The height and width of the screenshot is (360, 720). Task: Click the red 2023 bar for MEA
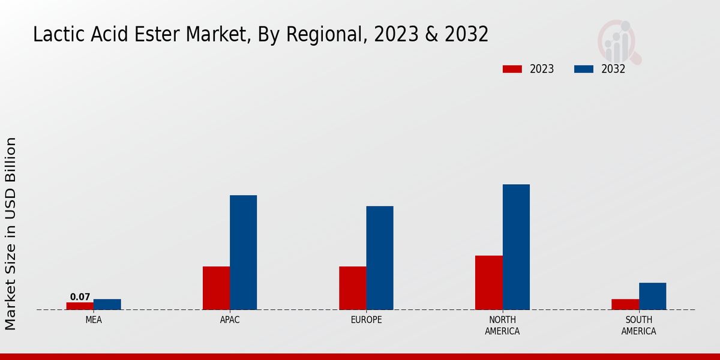click(x=80, y=306)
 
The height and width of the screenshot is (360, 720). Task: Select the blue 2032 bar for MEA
click(x=107, y=304)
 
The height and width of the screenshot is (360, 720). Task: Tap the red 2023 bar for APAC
click(x=216, y=288)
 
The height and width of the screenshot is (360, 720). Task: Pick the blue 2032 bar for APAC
click(x=243, y=252)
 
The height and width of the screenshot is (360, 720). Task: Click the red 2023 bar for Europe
click(x=352, y=288)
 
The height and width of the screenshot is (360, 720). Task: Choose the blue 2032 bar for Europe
click(x=380, y=258)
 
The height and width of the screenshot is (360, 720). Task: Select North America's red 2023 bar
click(x=488, y=283)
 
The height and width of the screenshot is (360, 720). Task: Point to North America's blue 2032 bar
click(x=516, y=247)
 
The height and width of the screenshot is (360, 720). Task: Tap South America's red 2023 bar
click(x=625, y=304)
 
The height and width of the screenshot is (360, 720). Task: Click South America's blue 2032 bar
click(x=652, y=296)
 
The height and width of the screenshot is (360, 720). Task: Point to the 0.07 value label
click(x=80, y=297)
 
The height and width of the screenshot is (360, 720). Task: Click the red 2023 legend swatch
click(x=512, y=69)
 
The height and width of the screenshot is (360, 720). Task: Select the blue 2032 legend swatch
click(x=584, y=69)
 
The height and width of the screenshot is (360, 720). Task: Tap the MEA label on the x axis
click(x=94, y=320)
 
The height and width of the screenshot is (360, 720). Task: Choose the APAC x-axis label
click(x=230, y=320)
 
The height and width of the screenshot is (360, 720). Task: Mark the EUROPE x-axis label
click(x=366, y=320)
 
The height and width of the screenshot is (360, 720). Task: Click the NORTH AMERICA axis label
click(x=502, y=325)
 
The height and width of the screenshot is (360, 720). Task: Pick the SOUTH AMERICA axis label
click(x=638, y=325)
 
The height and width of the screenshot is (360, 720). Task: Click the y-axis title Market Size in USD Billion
click(x=11, y=233)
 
